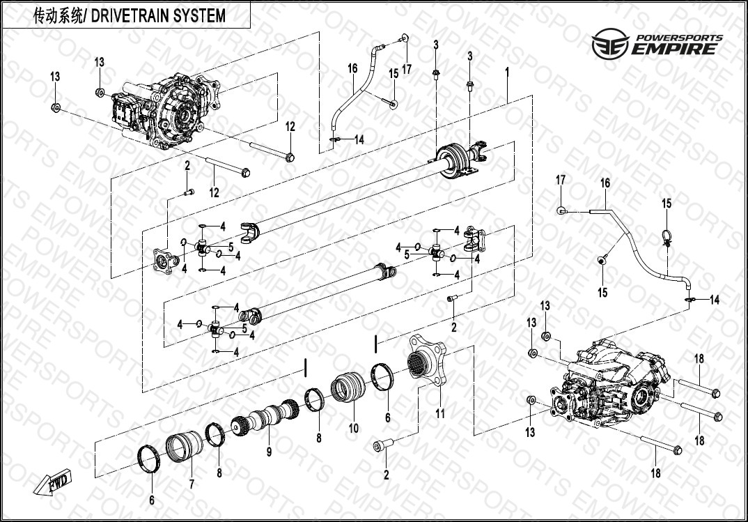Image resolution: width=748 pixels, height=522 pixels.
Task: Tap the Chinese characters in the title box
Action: coord(59,15)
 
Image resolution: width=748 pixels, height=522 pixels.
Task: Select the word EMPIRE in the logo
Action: coord(673,49)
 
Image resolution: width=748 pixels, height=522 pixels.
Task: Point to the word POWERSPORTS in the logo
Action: coord(677,38)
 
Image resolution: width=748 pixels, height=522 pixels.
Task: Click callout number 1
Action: coord(508,71)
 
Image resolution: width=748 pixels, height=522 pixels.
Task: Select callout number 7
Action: coord(192,484)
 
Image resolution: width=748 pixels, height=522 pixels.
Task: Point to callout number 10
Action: coord(354,428)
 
